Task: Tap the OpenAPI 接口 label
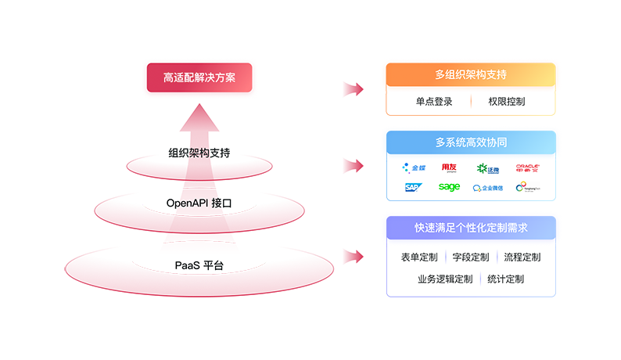199,203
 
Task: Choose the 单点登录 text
434,102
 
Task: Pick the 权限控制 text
506,102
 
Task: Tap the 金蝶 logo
415,167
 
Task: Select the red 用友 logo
450,167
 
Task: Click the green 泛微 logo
487,167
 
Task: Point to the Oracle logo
528,167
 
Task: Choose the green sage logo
449,187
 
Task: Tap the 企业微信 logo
488,188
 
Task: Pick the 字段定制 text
471,257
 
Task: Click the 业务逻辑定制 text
445,279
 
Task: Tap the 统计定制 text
505,279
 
